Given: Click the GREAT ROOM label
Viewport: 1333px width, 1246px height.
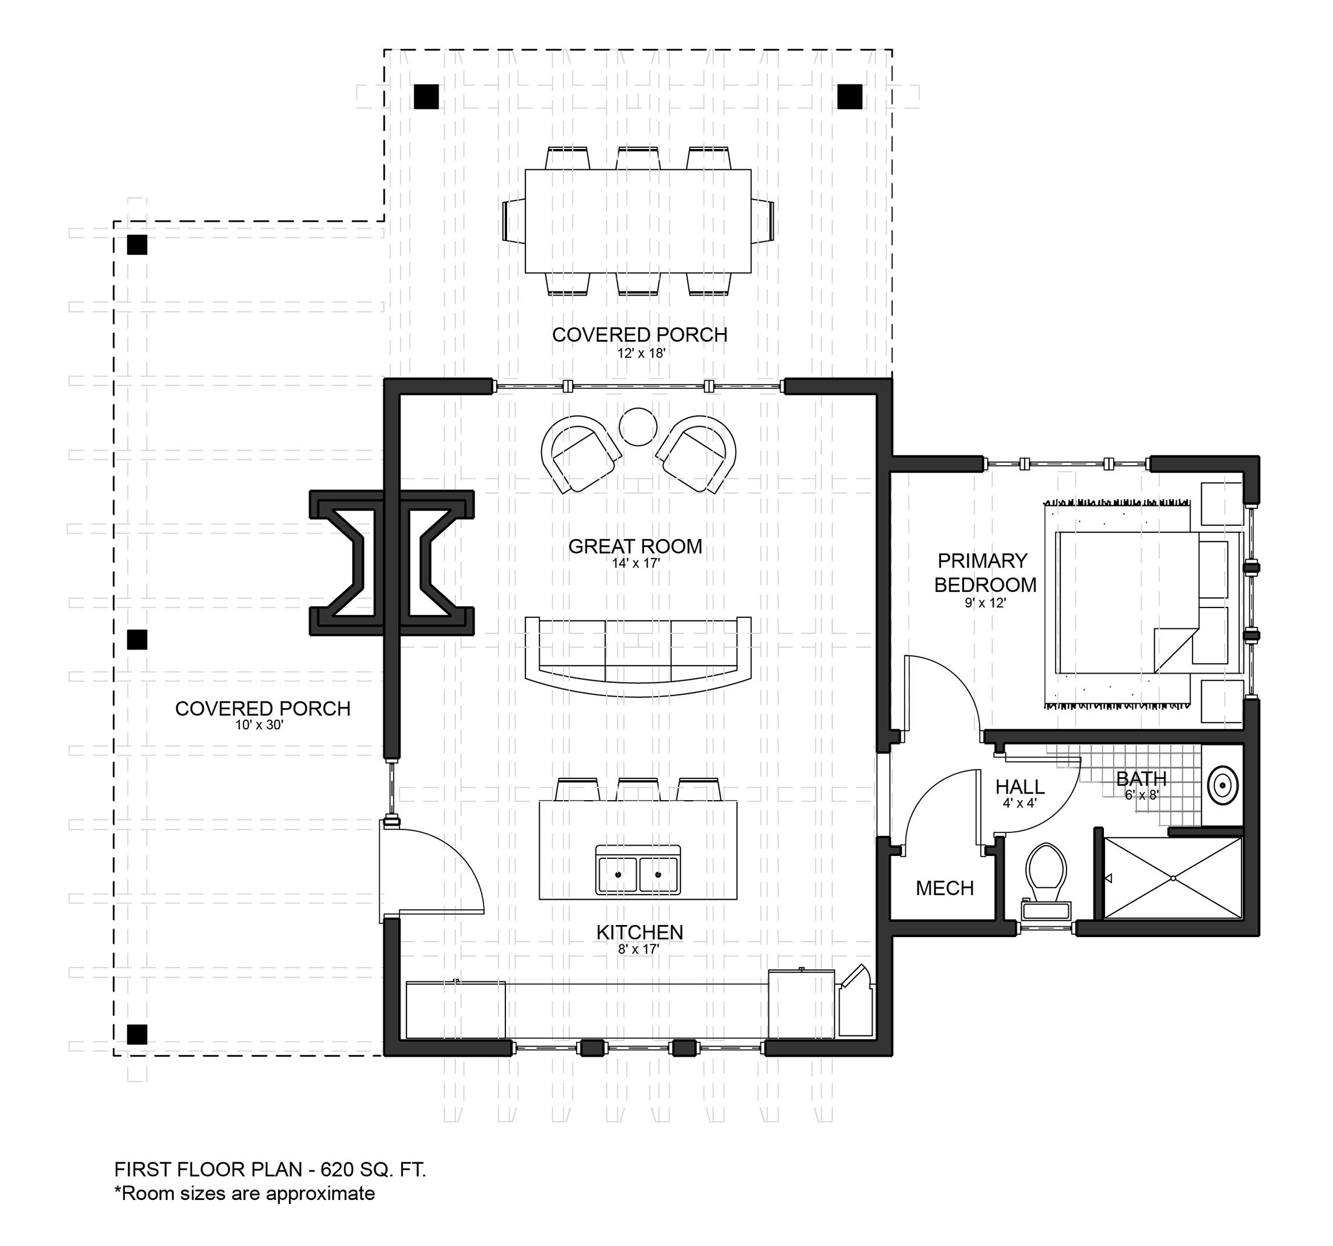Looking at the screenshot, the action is click(x=635, y=546).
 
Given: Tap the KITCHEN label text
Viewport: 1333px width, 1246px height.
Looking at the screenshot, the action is click(x=640, y=932).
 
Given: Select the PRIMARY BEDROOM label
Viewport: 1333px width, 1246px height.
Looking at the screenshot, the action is click(x=985, y=572).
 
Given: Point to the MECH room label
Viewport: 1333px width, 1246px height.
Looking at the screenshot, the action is click(x=944, y=889).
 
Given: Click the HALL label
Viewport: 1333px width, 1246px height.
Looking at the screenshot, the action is click(x=1020, y=786).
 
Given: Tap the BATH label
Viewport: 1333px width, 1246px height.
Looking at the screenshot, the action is click(x=1142, y=778).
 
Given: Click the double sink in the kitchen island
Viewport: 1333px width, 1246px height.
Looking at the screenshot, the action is click(x=639, y=869).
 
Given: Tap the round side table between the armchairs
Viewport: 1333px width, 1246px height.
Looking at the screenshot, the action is click(x=637, y=427).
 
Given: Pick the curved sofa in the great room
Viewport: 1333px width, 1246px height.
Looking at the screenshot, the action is click(x=637, y=657).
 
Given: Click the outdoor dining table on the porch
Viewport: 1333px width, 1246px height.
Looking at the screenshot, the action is click(x=637, y=221).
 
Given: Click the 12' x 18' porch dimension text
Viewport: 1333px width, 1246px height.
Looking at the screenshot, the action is click(x=642, y=353).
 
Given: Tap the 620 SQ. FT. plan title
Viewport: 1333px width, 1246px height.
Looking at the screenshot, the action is click(x=270, y=1170).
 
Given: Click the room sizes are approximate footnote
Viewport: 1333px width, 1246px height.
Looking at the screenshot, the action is click(x=245, y=1194).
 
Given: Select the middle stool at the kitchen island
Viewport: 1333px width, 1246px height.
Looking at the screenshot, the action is click(x=637, y=789).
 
